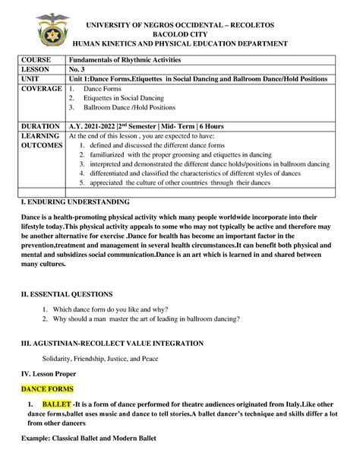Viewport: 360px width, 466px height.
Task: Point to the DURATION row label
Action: tap(39, 126)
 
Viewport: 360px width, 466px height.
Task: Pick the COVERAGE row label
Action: tap(41, 90)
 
